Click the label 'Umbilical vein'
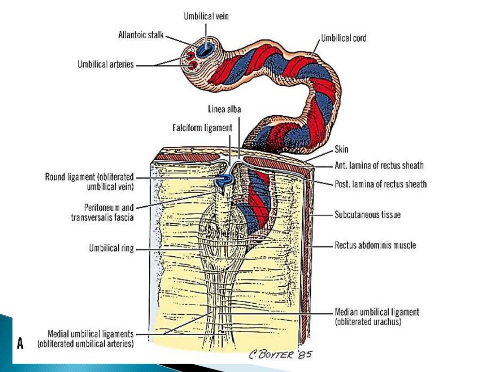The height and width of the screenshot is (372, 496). coord(206,16)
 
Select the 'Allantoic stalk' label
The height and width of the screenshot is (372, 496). coord(141,35)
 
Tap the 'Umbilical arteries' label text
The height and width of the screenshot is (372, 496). coord(106,64)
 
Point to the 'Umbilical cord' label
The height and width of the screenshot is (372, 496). coord(343,38)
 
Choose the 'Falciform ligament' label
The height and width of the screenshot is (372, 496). coord(202,128)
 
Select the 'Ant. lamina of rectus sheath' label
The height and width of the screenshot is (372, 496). coord(379,166)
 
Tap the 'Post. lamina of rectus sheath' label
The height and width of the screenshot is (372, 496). coord(381,184)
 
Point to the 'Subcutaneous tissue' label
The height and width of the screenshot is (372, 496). coord(368,214)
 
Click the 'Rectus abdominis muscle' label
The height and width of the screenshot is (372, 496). coord(375,245)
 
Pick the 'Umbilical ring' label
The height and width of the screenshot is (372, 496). coord(111,249)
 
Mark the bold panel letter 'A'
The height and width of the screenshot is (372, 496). coord(20,344)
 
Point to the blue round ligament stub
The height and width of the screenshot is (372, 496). coord(224,181)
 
